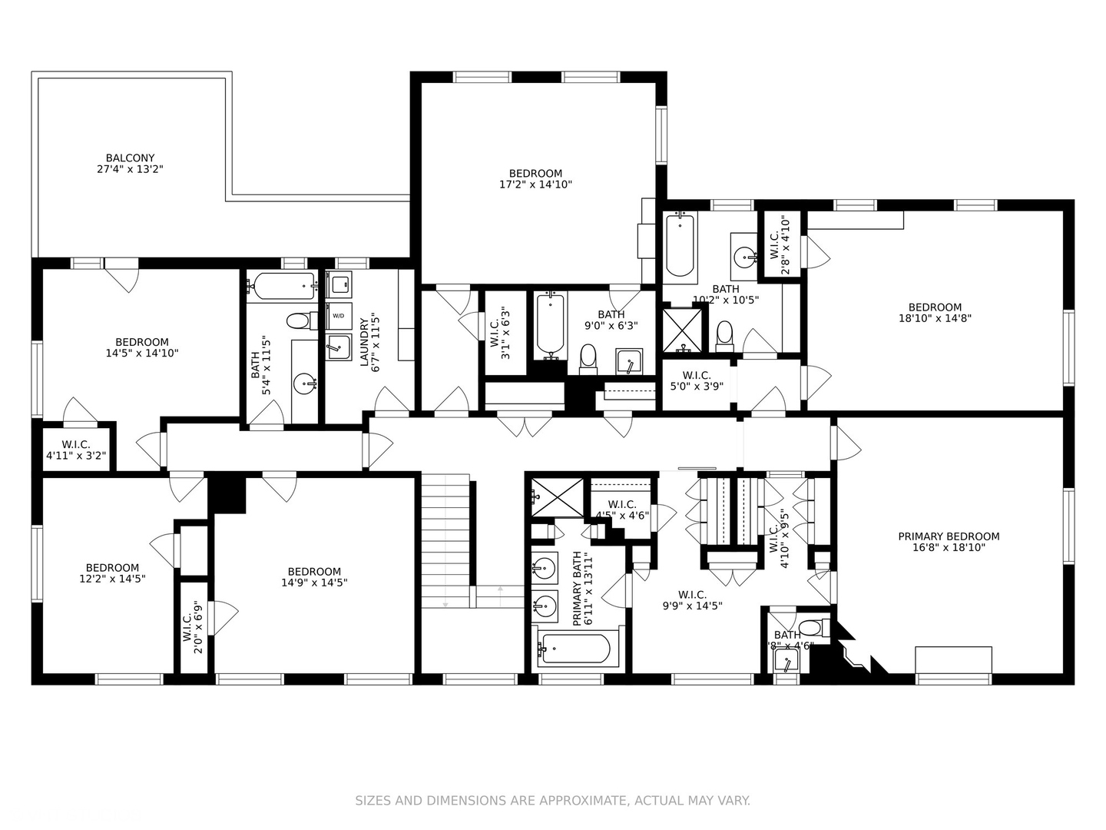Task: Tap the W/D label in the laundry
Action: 338,316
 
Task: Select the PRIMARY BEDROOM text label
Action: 949,536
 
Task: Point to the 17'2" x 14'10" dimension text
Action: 535,184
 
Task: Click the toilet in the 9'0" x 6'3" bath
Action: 588,358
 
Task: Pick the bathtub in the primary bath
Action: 575,649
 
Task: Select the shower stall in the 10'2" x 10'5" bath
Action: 683,330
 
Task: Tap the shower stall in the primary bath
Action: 558,497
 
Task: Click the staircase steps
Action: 445,538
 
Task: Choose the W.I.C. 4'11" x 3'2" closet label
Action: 76,450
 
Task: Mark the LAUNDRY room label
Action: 365,342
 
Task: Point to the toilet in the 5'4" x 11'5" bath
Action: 297,320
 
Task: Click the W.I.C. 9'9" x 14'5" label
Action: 692,599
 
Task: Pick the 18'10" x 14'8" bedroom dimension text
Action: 935,318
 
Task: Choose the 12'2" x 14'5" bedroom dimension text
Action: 112,579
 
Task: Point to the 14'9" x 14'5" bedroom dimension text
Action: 314,583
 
